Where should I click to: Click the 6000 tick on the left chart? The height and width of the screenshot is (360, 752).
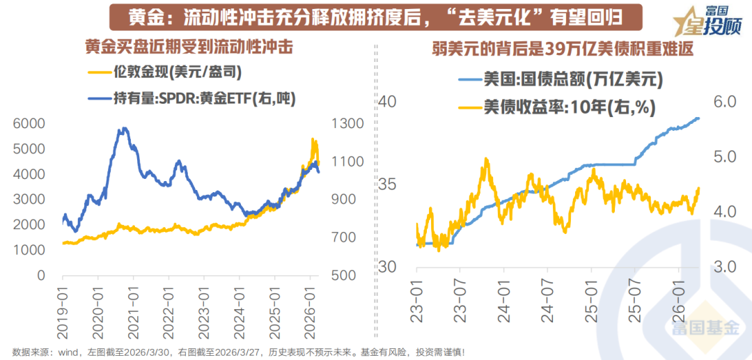pyautogui.click(x=27, y=123)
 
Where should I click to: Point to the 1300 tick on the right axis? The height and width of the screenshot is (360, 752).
pyautogui.click(x=347, y=123)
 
